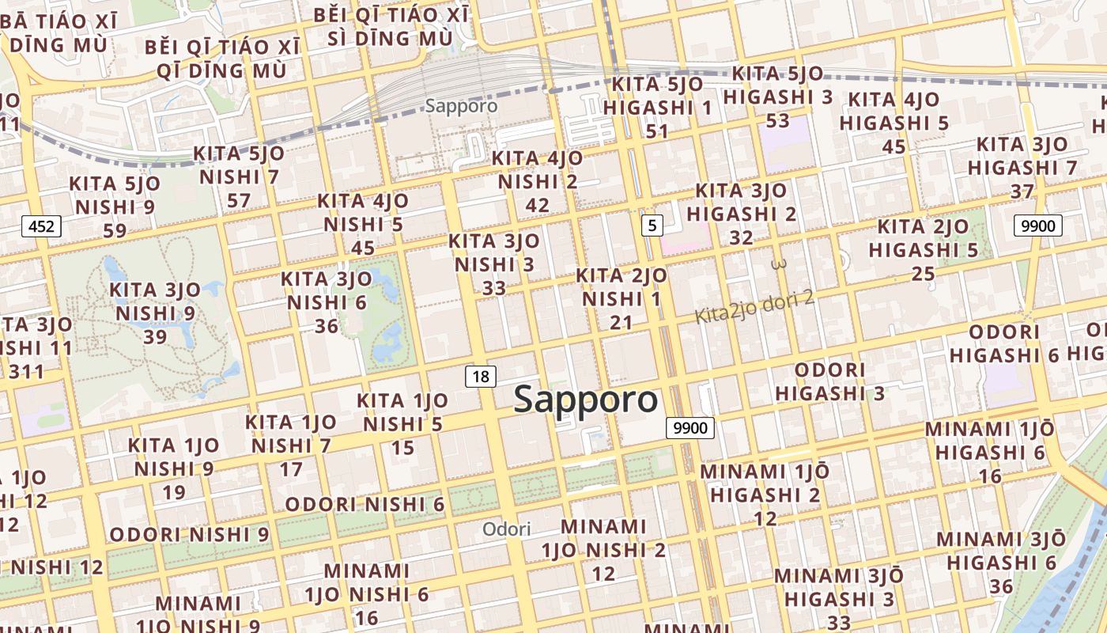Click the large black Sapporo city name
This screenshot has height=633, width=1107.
[x=585, y=400]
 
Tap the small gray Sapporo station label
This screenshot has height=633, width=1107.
[x=461, y=105]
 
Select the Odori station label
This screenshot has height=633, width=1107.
[x=506, y=529]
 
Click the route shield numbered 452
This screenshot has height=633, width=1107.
[x=41, y=227]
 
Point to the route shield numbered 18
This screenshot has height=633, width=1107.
[x=480, y=377]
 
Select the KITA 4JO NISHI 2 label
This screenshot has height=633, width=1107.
[x=537, y=181]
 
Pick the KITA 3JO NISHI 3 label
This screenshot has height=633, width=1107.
[x=493, y=264]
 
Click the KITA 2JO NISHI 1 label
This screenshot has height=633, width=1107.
[x=621, y=299]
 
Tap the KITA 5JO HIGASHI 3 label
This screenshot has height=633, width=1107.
[x=778, y=97]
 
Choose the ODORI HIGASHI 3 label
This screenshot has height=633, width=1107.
[x=829, y=381]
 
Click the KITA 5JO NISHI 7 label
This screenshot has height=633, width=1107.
[x=239, y=176]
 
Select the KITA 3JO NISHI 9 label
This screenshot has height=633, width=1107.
[x=155, y=313]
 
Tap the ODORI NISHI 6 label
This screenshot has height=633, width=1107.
[x=365, y=504]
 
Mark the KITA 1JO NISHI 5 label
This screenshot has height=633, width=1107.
[x=402, y=424]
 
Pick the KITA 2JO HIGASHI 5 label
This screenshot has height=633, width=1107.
[x=923, y=250]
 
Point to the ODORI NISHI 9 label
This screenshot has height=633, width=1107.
[x=189, y=534]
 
